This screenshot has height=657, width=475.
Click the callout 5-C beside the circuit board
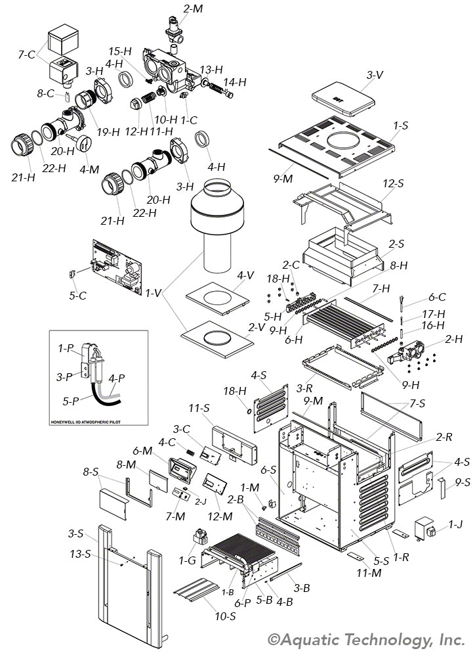pos(77,296)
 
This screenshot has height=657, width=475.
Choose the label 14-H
pos(235,82)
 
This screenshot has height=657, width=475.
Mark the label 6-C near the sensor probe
pos(438,296)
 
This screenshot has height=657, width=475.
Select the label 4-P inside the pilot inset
pos(116,378)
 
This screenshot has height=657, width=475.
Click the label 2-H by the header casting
pos(453,340)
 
